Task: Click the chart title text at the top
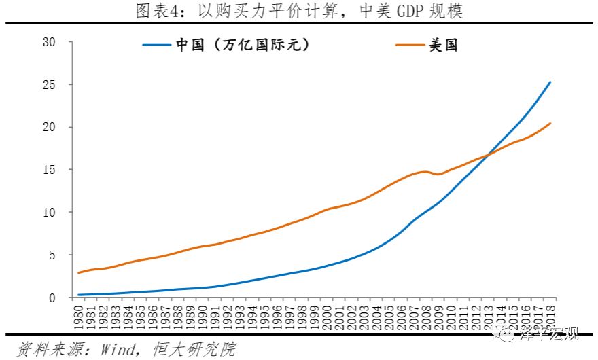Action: pos(299,12)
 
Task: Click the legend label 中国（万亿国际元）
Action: pos(243,46)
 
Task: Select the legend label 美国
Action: pos(444,46)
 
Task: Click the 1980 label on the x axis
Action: pos(80,316)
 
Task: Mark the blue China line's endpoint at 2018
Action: pos(550,82)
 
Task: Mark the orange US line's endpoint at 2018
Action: pos(550,123)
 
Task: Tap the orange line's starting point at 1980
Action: pos(79,272)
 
